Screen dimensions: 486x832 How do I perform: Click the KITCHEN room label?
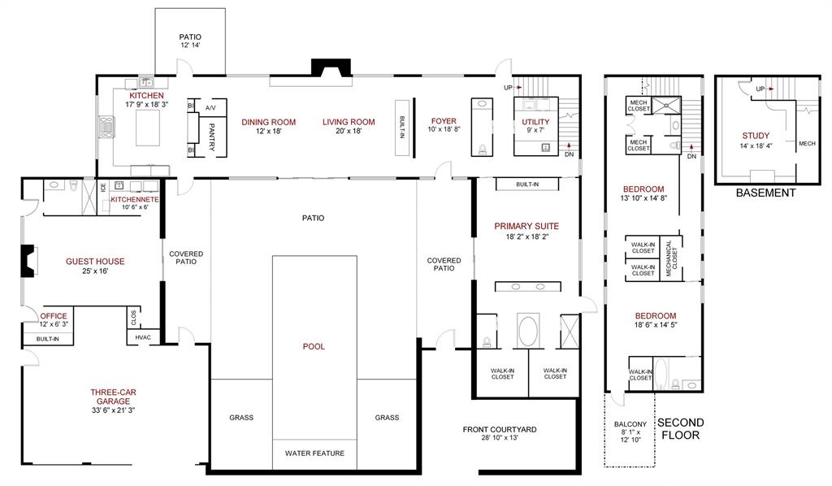[x=146, y=95]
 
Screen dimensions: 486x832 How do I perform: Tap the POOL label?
[x=314, y=346]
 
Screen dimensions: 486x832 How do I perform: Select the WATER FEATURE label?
[x=314, y=453]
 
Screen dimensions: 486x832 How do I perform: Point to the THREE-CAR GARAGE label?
[x=113, y=397]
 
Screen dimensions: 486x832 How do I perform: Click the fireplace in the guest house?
[x=28, y=260]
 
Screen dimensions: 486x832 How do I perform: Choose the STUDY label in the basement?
[x=756, y=136]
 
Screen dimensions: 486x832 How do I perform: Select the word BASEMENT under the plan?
[x=765, y=193]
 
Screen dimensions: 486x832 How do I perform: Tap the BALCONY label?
[x=630, y=423]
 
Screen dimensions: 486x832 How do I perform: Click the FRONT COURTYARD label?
[x=500, y=429]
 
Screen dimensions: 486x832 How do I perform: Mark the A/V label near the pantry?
[x=210, y=107]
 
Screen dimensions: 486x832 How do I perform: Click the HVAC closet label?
[x=143, y=336]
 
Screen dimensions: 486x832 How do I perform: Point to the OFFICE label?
[x=54, y=316]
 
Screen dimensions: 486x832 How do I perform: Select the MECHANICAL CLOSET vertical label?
[x=669, y=259]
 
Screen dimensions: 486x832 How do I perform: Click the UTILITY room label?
[x=535, y=122]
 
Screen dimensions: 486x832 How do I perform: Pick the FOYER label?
[x=443, y=121]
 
